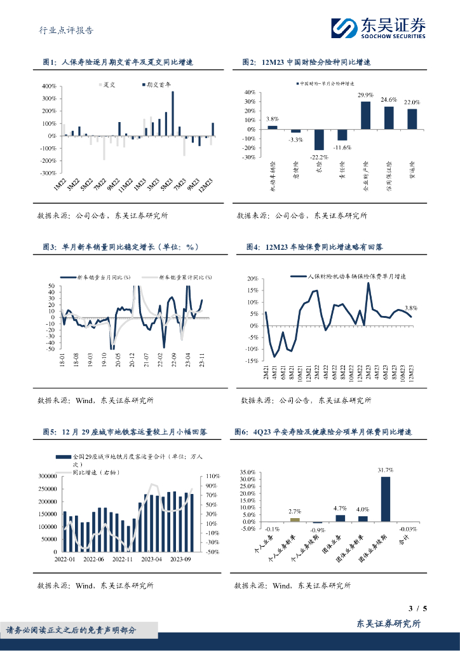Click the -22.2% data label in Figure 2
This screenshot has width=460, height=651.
coord(320,156)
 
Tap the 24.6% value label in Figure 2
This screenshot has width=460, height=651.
coord(389,100)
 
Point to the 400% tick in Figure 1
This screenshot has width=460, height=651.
coord(49,86)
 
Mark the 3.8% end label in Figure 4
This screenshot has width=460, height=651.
coord(410,308)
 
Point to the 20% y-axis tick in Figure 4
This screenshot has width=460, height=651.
coord(252,279)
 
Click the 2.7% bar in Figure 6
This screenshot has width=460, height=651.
coord(294,519)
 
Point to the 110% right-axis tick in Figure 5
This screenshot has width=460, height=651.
coord(212,476)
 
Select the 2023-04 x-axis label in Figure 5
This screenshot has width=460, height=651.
coord(152,559)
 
